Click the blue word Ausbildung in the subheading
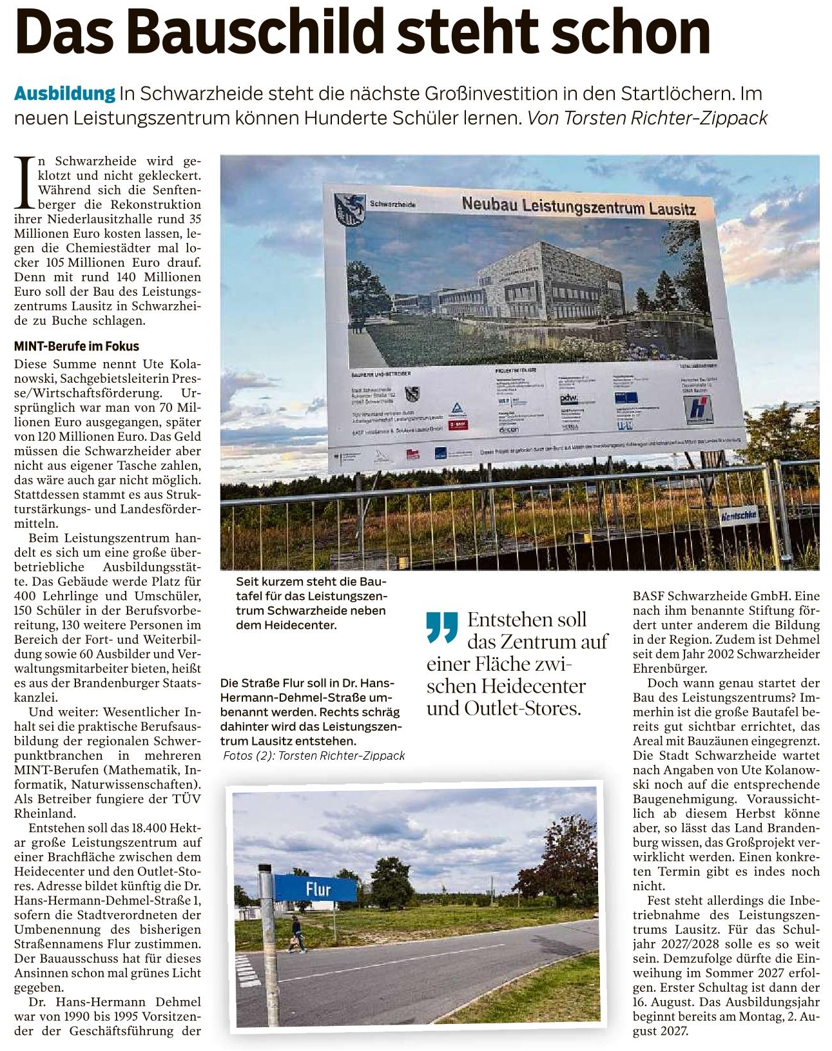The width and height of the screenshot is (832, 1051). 64,93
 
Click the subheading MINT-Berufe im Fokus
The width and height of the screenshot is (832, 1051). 76,346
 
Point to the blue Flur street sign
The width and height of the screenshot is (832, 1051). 315,889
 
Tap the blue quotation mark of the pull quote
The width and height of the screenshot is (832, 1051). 442,627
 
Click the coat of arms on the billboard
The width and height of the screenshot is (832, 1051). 349,209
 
